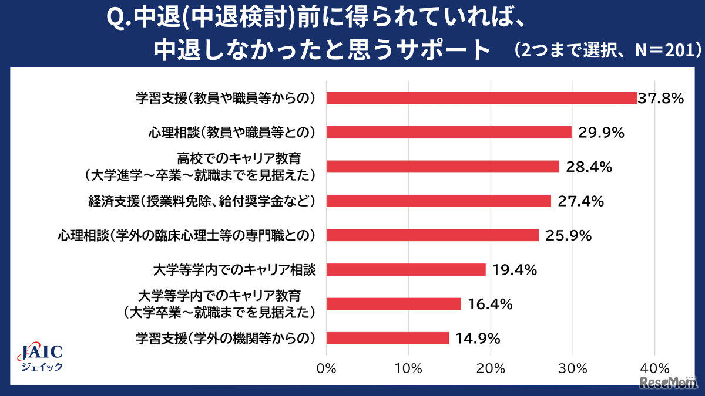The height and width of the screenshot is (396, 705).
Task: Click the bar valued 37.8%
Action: (481, 98)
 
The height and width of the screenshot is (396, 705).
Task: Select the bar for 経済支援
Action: (438, 201)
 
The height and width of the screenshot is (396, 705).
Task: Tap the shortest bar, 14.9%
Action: (387, 339)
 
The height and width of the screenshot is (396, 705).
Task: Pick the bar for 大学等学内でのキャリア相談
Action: (406, 270)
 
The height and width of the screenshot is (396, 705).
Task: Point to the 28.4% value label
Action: (589, 167)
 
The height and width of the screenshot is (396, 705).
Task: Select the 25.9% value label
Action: (568, 236)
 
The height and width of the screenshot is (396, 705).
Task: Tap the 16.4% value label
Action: (490, 304)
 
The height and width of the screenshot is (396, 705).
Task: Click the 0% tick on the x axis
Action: (326, 369)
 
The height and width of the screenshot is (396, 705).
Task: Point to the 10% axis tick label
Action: (409, 369)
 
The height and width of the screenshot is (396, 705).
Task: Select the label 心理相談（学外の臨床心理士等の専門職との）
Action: (187, 236)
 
